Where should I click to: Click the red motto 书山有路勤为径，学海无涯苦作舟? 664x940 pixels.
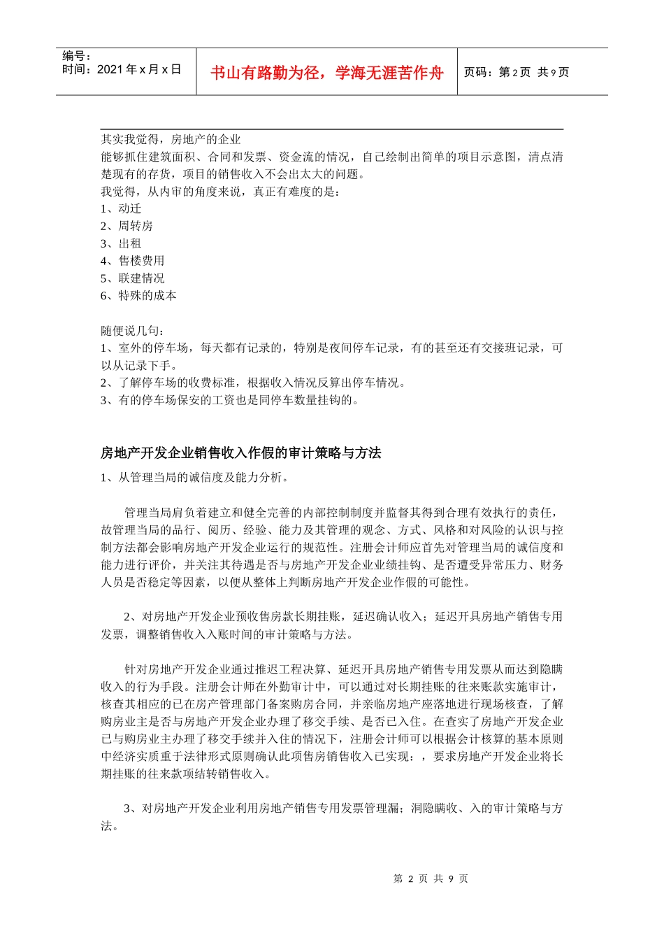tap(326, 73)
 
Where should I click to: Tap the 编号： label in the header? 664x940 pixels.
tap(77, 56)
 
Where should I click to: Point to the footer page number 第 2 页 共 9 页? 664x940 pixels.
tap(431, 878)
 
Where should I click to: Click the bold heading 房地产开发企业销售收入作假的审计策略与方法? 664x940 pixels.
tap(240, 453)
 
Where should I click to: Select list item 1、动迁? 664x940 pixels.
tap(121, 208)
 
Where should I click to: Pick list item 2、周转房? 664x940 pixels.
tap(127, 226)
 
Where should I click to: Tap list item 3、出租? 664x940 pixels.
tap(121, 243)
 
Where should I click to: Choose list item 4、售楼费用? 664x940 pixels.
tap(132, 261)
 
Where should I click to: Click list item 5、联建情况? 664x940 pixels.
tap(132, 278)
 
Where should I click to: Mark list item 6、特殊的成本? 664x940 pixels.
tap(138, 296)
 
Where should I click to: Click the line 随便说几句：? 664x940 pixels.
tap(132, 331)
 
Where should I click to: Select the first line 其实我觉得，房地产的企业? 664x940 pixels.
tap(171, 139)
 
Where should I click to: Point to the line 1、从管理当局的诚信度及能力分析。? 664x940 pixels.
tap(194, 478)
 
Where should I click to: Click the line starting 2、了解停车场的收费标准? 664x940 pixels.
tap(254, 383)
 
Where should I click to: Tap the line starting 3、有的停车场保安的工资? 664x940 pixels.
tap(230, 400)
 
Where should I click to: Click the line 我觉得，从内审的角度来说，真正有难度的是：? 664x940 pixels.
tap(220, 191)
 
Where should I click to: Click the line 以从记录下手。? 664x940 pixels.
tap(138, 365)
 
